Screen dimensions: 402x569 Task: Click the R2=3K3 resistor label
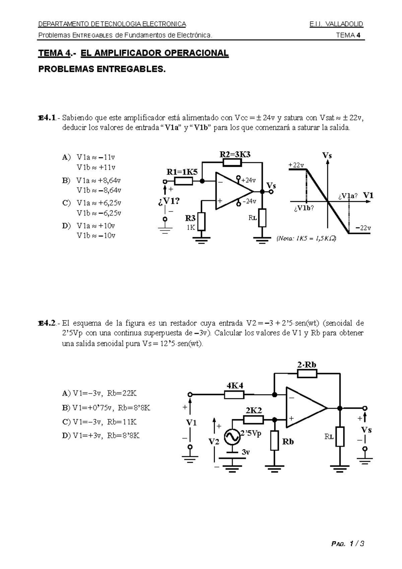(x=235, y=154)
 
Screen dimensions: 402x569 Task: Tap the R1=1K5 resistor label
(x=182, y=172)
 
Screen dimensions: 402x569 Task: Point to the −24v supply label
(x=249, y=201)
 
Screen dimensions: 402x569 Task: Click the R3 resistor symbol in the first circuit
(x=201, y=222)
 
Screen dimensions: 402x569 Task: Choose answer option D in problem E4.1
(x=89, y=230)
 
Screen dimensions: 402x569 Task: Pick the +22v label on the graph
(x=296, y=165)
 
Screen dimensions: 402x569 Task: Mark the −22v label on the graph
(x=363, y=228)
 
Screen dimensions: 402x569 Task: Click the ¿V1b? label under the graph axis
(x=304, y=208)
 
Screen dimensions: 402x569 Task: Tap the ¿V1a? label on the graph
(x=348, y=196)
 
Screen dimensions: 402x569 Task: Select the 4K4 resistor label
(x=235, y=385)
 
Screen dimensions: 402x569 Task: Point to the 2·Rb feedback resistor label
(x=307, y=365)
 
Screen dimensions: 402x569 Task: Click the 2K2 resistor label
(x=253, y=411)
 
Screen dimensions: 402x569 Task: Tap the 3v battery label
(x=246, y=452)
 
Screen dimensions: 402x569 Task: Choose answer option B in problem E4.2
(x=106, y=408)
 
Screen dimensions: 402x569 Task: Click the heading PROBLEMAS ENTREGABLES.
(x=102, y=69)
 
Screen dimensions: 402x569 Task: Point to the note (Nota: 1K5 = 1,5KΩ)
(x=306, y=239)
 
